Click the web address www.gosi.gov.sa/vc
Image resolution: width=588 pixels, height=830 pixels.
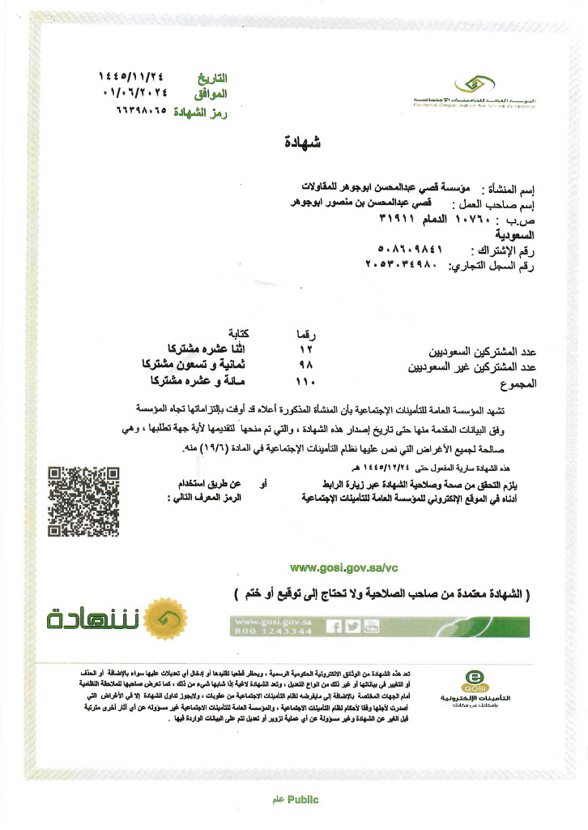coord(344,567)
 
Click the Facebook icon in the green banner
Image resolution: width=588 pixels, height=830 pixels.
coord(333,626)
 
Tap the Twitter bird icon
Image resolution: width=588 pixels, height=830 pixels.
coord(352,626)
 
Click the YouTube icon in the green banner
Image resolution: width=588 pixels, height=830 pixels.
coord(371,626)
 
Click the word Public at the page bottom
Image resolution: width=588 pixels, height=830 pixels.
coord(303,799)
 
